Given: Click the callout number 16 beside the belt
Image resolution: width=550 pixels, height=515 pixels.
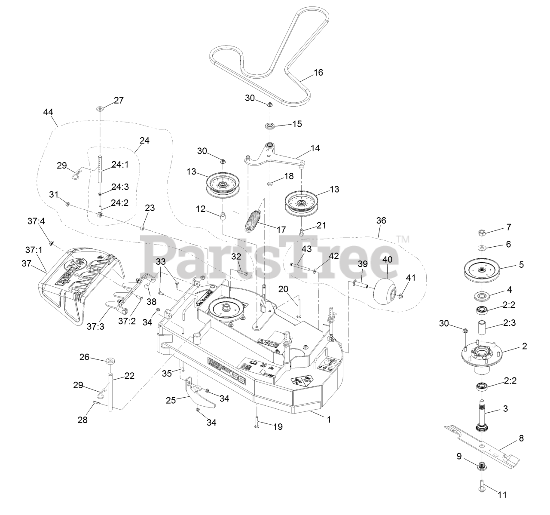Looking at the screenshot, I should pos(318,72).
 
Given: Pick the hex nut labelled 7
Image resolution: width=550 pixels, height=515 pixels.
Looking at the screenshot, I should pos(482,233).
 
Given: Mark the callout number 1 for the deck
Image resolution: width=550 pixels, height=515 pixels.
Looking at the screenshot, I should pos(329,419).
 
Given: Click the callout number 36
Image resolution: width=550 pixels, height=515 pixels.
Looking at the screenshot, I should pos(381,221).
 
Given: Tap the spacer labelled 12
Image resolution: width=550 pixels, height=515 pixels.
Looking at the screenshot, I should pos(223,216).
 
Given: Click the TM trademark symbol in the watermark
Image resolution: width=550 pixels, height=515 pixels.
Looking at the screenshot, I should pos(403,239).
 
